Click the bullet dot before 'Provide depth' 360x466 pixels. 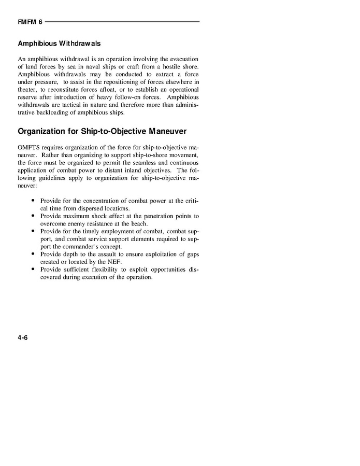pos(33,254)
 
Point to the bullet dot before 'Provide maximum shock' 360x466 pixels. pos(33,215)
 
